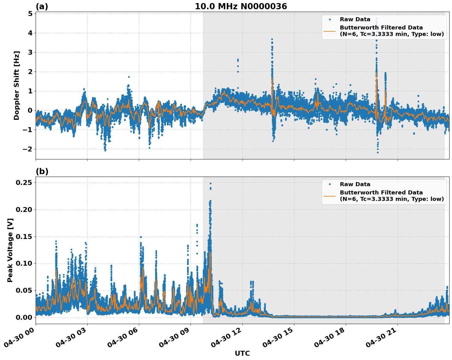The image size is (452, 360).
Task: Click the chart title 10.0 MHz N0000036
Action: click(241, 6)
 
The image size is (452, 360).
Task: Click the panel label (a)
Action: click(42, 6)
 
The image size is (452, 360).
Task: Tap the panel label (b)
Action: click(42, 171)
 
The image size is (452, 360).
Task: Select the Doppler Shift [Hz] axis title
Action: click(17, 85)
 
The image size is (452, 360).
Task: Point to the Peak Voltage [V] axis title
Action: click(10, 250)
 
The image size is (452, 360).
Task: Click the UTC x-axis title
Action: click(242, 353)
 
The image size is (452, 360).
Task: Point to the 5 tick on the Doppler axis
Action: click(30, 14)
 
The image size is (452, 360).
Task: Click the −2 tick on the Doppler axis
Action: click(28, 149)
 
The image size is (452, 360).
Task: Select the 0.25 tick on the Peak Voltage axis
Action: click(25, 182)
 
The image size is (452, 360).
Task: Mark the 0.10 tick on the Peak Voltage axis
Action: click(25, 263)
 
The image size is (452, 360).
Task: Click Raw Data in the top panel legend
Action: click(355, 19)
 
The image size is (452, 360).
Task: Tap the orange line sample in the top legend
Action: click(329, 31)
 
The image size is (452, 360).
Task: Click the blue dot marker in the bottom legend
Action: click(329, 184)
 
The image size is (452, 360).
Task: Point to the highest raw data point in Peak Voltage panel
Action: click(210, 183)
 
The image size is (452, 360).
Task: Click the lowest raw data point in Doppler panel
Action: click(378, 152)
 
